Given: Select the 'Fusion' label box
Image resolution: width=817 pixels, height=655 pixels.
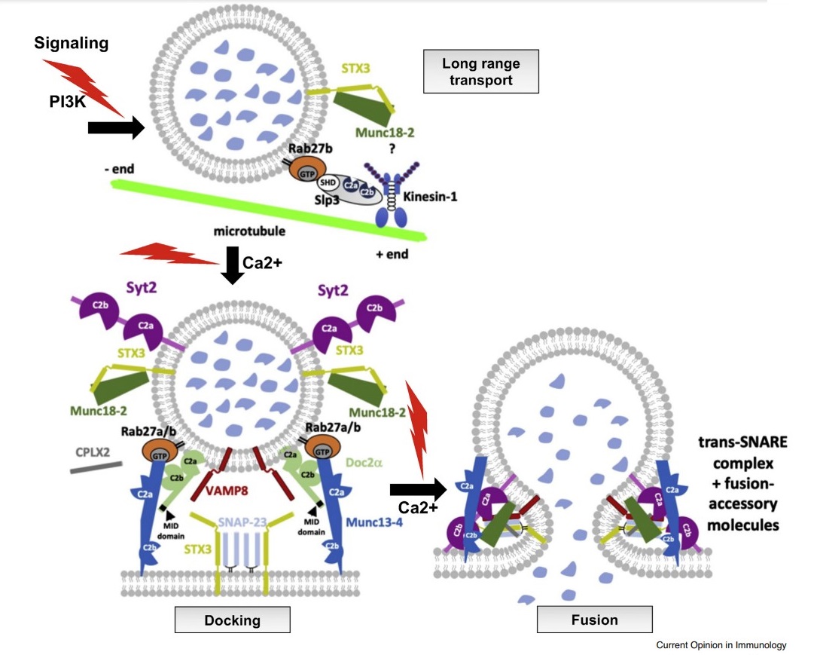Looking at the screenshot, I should click(594, 620).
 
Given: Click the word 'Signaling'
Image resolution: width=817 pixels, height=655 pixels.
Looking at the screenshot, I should click(72, 43).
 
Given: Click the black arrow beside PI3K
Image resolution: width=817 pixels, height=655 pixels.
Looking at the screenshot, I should click(115, 129).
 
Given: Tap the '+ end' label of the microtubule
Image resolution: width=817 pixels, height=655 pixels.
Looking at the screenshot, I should click(392, 254).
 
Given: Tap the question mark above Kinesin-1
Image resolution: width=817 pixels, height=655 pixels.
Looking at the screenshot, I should click(392, 148).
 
